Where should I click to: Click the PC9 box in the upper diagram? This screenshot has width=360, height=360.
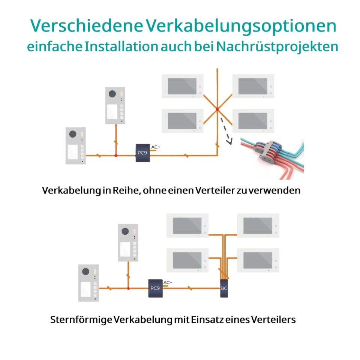tap(142, 153)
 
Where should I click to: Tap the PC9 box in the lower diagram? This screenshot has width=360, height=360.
tap(155, 288)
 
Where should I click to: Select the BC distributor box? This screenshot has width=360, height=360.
tap(224, 288)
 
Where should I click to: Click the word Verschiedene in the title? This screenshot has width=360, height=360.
tap(87, 25)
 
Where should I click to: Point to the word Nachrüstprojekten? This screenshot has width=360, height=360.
tap(277, 47)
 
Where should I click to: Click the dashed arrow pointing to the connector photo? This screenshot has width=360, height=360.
tap(226, 131)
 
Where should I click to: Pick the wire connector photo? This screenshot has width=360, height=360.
tap(272, 158)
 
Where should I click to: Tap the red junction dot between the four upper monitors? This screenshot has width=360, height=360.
tap(217, 109)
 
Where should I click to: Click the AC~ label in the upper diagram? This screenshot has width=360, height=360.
tap(155, 147)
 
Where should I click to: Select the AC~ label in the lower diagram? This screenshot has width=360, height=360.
tap(168, 282)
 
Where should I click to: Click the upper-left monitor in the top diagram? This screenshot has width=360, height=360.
tap(183, 86)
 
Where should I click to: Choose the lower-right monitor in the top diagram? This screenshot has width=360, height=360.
tap(253, 121)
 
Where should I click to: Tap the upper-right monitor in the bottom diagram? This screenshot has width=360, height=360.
tap(258, 226)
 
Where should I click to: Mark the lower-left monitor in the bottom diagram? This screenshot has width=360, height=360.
tap(187, 260)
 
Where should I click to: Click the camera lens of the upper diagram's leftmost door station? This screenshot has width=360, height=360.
tap(73, 134)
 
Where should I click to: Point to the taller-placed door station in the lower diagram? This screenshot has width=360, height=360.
tap(128, 243)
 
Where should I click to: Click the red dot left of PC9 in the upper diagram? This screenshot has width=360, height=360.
tap(116, 156)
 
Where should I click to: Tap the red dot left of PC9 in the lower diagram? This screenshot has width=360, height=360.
tap(129, 288)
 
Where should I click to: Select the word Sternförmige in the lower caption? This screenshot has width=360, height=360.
tap(81, 320)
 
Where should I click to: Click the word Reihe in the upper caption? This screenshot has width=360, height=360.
tap(126, 190)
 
